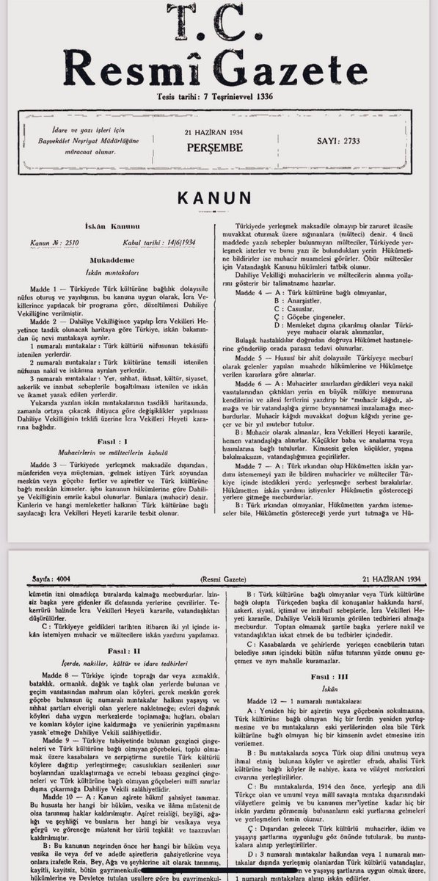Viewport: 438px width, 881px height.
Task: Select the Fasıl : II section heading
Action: pos(112,651)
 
